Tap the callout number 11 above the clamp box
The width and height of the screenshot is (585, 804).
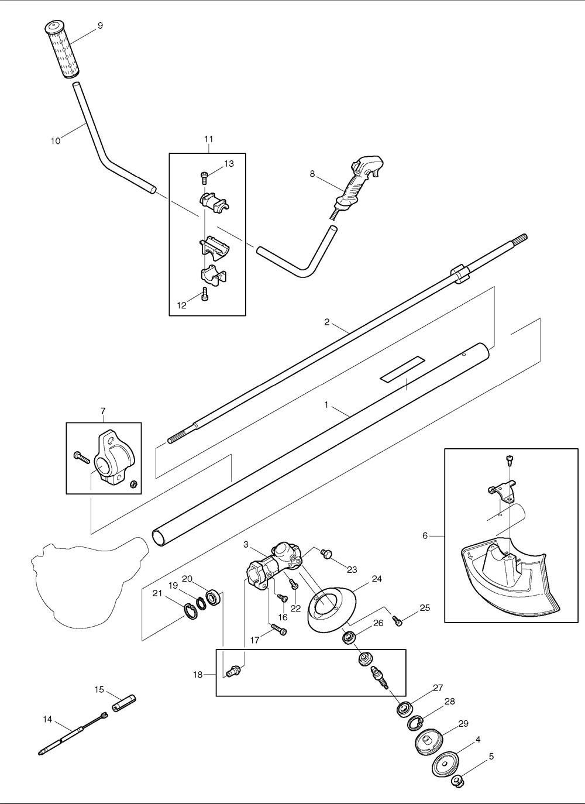[208, 139]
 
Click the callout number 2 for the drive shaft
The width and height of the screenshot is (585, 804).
[327, 322]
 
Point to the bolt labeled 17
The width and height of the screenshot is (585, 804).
[280, 631]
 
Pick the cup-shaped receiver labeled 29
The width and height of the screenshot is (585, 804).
[427, 743]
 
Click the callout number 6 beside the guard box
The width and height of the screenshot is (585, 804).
[425, 535]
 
